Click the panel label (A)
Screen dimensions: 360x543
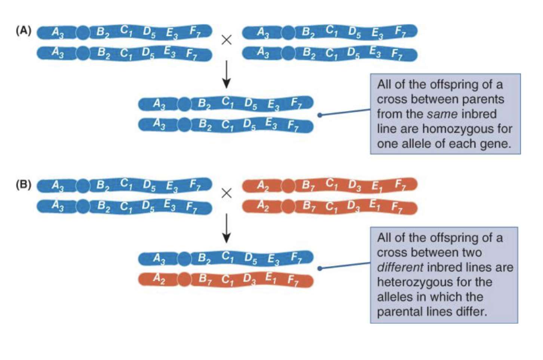click(24, 31)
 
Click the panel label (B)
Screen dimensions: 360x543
click(24, 184)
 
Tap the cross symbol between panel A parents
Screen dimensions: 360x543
click(226, 40)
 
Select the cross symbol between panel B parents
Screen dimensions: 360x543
click(226, 193)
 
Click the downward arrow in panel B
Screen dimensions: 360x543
click(226, 228)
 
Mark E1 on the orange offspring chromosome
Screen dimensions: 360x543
click(270, 277)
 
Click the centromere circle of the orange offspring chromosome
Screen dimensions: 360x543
click(184, 279)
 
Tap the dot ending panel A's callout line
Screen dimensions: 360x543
click(319, 115)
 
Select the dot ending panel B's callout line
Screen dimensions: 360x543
click(319, 268)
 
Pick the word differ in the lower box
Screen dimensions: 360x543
click(471, 312)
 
